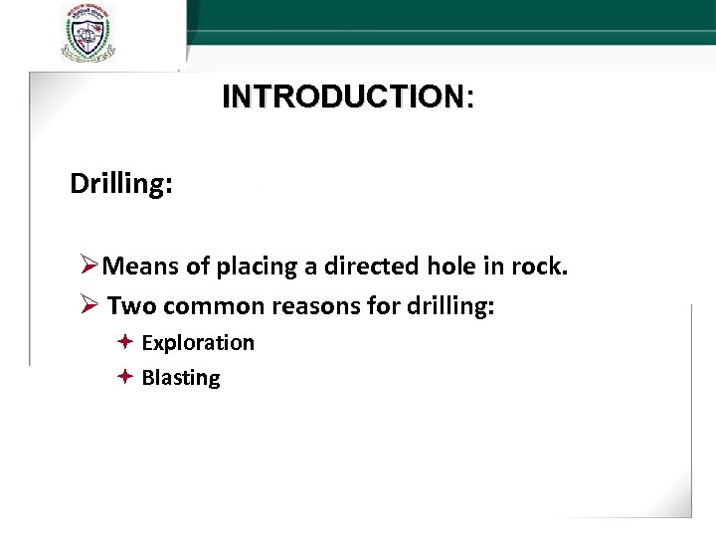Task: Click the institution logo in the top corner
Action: [87, 34]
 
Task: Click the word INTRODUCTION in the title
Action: [342, 96]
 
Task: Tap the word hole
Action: [451, 266]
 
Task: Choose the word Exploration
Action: [198, 343]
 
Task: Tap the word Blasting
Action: [181, 378]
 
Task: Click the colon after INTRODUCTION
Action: [469, 97]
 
